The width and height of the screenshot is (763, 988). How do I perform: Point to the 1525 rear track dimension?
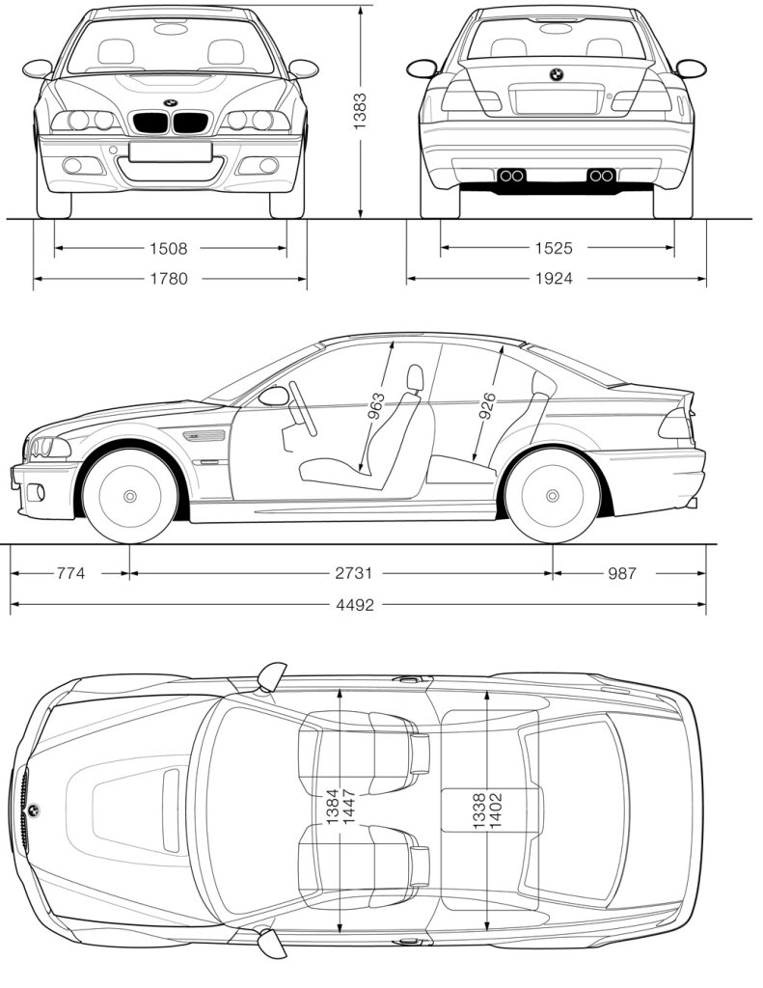point(554,249)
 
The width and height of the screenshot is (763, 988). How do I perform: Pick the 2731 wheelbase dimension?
point(354,573)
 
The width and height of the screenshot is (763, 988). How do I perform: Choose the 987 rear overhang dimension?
point(622,573)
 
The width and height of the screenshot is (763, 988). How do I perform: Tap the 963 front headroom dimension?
point(376,405)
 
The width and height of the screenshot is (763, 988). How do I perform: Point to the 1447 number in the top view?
point(348,809)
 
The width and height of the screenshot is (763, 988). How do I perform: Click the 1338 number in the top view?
point(479,809)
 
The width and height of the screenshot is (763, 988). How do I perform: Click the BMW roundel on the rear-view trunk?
point(557,74)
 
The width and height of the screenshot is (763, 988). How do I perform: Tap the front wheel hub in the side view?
point(130,496)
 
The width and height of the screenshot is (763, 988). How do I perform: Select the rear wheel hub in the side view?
point(553,496)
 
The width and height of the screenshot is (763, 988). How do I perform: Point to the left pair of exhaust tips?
point(511,176)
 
